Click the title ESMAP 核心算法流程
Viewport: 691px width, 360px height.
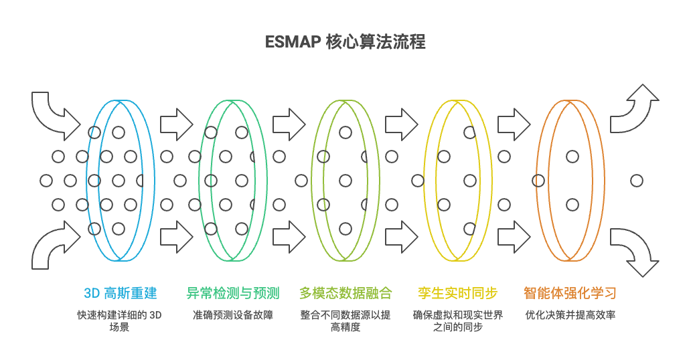[345, 42]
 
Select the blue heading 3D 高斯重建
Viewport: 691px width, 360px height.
[121, 293]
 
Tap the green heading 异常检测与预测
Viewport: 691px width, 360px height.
[232, 293]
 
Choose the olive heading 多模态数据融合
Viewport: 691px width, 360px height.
[345, 293]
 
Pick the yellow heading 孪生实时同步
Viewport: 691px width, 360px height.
[457, 293]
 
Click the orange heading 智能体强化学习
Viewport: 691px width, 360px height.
[570, 293]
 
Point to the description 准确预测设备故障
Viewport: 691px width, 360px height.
[232, 314]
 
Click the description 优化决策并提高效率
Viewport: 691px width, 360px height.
[570, 314]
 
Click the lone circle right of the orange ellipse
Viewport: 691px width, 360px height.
[637, 181]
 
